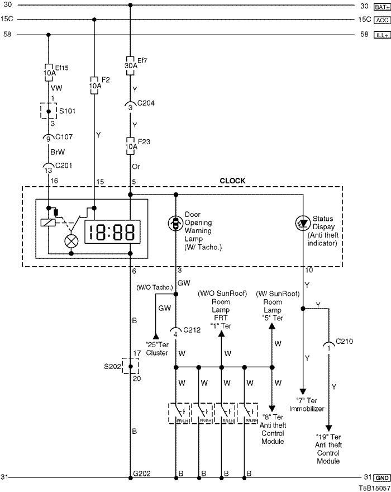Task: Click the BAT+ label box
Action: [x=382, y=7]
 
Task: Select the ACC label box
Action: [x=382, y=20]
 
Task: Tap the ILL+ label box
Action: [x=382, y=35]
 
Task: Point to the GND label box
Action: [x=382, y=478]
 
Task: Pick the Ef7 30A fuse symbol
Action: [x=130, y=64]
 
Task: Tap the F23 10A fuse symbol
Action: [x=130, y=145]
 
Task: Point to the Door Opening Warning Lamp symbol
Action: [x=176, y=223]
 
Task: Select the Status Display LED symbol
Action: [x=303, y=223]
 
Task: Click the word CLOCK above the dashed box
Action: [x=232, y=181]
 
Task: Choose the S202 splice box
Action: [x=130, y=366]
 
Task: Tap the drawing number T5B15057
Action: [x=374, y=488]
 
